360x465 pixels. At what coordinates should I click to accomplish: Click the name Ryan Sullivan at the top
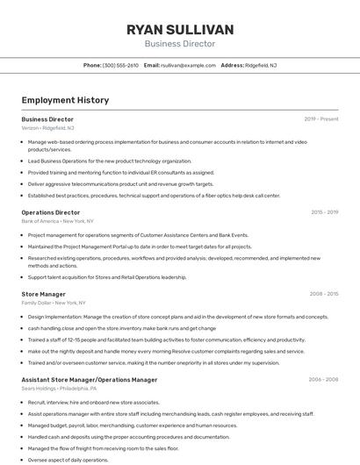tap(180, 30)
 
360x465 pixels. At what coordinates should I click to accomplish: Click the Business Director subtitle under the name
tap(180, 44)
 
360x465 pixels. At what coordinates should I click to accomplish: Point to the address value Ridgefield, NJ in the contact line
tap(262, 66)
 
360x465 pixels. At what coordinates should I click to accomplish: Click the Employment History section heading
tap(65, 100)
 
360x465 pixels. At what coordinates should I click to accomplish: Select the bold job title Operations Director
tap(51, 212)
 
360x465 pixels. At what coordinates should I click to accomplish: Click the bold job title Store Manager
tap(44, 294)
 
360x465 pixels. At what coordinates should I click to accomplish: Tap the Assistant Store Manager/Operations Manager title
tap(90, 380)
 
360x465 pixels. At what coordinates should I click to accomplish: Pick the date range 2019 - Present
tap(321, 118)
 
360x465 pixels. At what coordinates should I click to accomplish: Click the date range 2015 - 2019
tap(324, 212)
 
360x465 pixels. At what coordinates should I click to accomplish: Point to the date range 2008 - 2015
tap(324, 294)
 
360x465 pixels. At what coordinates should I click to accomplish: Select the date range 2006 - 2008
tap(323, 380)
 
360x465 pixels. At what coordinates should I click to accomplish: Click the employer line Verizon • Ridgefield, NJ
tap(48, 128)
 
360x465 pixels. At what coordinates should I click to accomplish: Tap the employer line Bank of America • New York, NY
tap(58, 221)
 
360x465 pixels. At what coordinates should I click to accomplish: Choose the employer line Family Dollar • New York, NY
tap(54, 303)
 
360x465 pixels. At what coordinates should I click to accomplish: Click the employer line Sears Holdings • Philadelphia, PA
tap(60, 389)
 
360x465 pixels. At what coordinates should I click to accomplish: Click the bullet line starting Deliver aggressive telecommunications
tap(120, 184)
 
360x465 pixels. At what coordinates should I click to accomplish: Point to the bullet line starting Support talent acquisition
tap(107, 277)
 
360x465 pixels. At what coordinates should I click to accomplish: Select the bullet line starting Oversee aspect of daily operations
tap(68, 460)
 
